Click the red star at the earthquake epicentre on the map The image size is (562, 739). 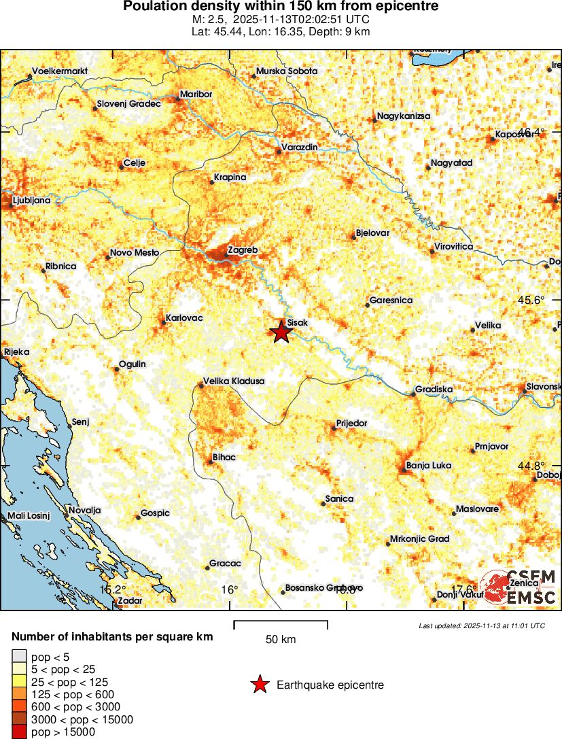click(x=281, y=332)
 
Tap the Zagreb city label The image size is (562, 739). click(x=243, y=250)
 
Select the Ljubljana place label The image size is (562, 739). click(x=32, y=201)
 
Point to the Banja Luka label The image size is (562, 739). click(x=428, y=466)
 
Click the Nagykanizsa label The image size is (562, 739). click(x=404, y=116)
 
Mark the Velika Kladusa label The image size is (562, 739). click(x=234, y=381)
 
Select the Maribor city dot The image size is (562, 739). click(x=179, y=99)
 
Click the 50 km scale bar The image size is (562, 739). click(x=281, y=625)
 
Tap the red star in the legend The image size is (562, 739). click(x=260, y=685)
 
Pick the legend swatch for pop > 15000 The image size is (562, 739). click(x=19, y=732)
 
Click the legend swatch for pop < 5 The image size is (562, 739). click(x=19, y=657)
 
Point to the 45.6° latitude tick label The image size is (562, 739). click(x=532, y=299)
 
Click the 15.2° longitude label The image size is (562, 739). click(x=113, y=589)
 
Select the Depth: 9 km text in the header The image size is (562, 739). click(x=337, y=31)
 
